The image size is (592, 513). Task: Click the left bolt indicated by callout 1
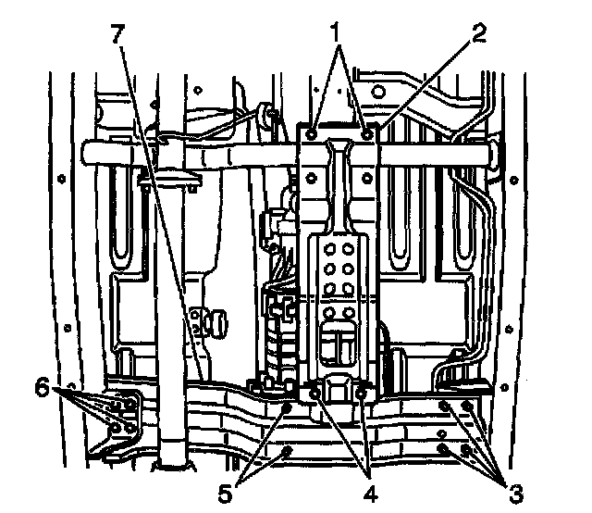point(315,135)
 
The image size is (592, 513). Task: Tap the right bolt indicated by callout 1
point(368,135)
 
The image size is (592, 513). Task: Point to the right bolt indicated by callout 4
point(362,395)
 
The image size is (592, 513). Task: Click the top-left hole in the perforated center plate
point(328,247)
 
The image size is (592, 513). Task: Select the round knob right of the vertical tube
point(220,320)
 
